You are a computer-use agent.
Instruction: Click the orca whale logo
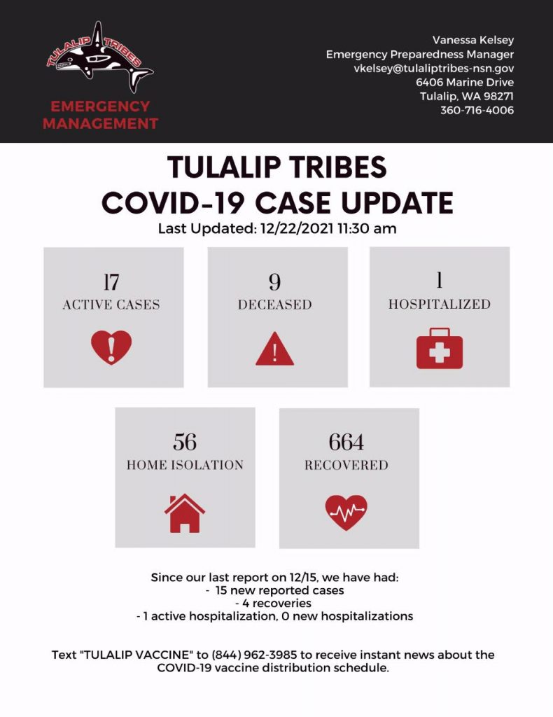click(x=100, y=57)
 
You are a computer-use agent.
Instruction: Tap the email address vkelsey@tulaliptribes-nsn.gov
click(x=434, y=69)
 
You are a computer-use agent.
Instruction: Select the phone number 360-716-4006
click(x=477, y=110)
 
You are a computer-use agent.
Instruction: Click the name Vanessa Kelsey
click(x=473, y=40)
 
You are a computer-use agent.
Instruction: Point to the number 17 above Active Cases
click(x=111, y=282)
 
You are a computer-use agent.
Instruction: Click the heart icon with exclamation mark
click(x=111, y=347)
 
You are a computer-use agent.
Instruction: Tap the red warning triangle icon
click(x=274, y=349)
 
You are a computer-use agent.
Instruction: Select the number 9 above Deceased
click(x=274, y=282)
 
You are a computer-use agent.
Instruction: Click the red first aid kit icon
click(x=440, y=349)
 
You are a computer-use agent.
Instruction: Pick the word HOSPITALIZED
click(x=440, y=304)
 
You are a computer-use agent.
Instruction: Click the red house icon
click(x=185, y=513)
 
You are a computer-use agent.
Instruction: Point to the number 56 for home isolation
click(x=185, y=443)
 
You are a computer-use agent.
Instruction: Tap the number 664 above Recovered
click(x=346, y=443)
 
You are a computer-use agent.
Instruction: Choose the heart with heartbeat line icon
click(x=346, y=513)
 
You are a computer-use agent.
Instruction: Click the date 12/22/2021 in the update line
click(x=297, y=228)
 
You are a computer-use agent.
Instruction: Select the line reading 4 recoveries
click(x=273, y=603)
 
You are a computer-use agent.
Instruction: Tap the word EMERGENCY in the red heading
click(x=100, y=106)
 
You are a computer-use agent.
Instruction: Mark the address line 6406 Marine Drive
click(x=465, y=83)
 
